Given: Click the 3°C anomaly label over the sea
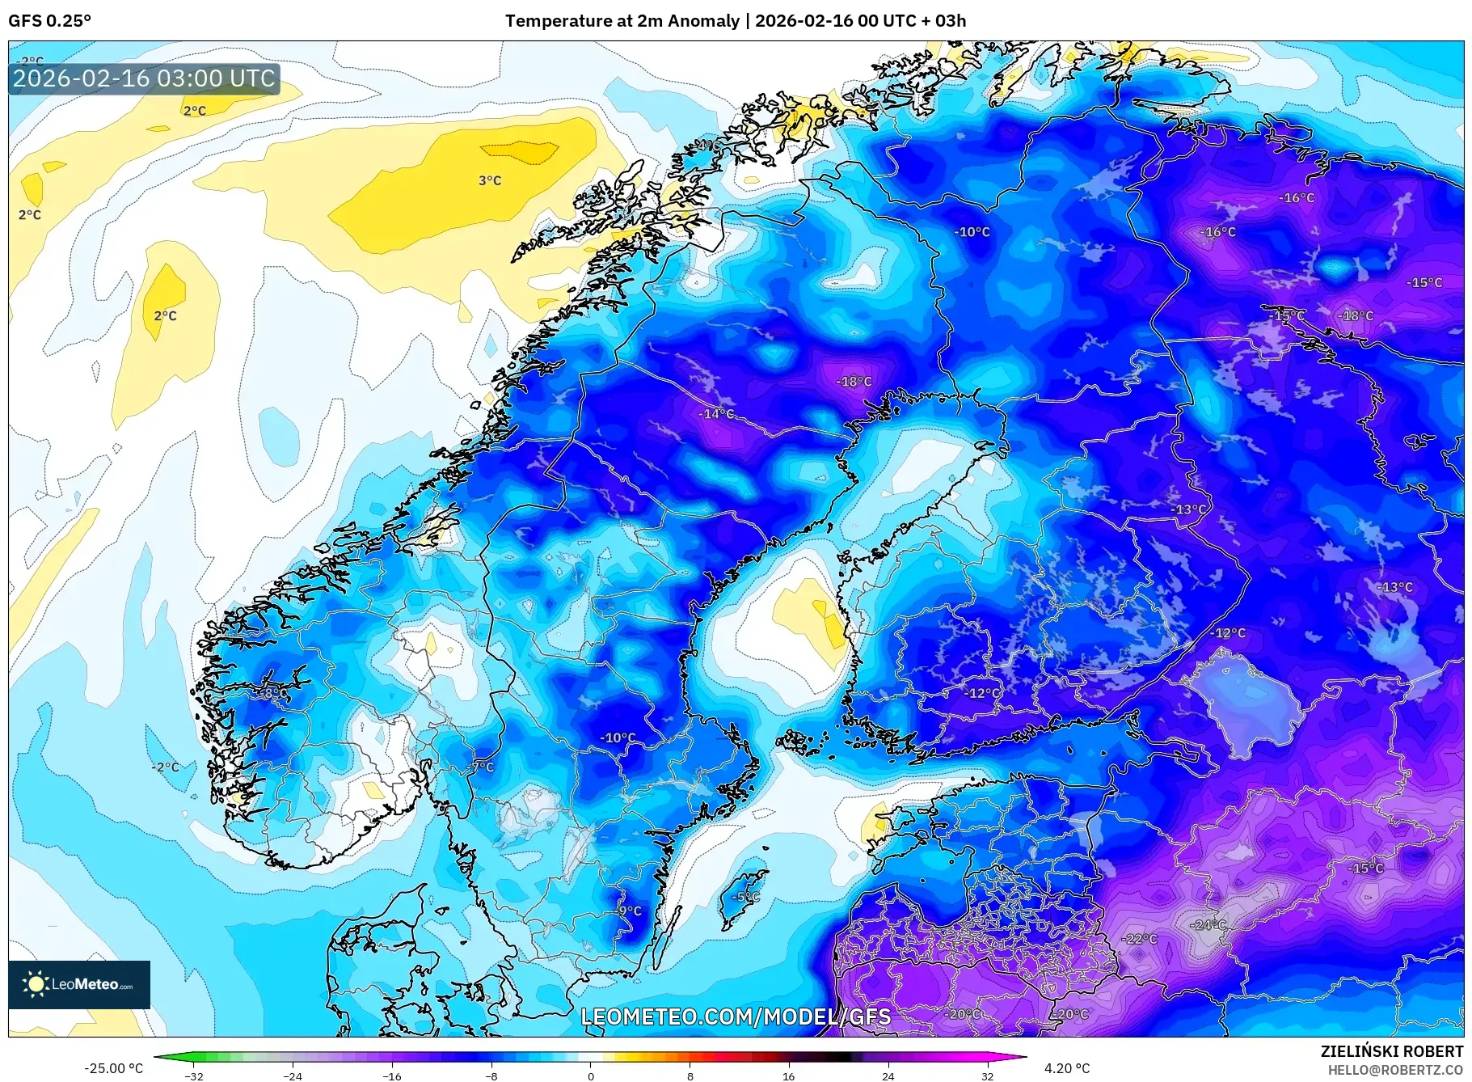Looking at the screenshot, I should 490,181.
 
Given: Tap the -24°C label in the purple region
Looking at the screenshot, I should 1209,924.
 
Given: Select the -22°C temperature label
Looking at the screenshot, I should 1140,939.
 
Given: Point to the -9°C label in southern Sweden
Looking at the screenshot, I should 628,911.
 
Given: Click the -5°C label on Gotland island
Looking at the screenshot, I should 745,897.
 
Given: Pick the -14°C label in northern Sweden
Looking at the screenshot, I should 716,414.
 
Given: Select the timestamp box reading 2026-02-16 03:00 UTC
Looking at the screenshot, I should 144,78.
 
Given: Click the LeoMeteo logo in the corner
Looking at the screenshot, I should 79,984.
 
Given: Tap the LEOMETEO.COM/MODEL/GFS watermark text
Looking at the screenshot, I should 736,1016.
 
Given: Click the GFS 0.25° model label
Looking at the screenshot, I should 49,21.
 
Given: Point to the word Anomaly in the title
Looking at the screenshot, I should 702,21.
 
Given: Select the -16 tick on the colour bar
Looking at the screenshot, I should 392,1076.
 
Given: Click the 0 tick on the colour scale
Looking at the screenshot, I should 591,1076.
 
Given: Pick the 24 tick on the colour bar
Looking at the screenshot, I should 888,1076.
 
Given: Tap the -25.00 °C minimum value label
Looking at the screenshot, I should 113,1068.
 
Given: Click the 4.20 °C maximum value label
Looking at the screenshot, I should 1067,1068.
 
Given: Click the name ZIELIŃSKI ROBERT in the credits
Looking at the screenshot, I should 1391,1052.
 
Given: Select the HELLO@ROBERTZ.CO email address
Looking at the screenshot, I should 1395,1070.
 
